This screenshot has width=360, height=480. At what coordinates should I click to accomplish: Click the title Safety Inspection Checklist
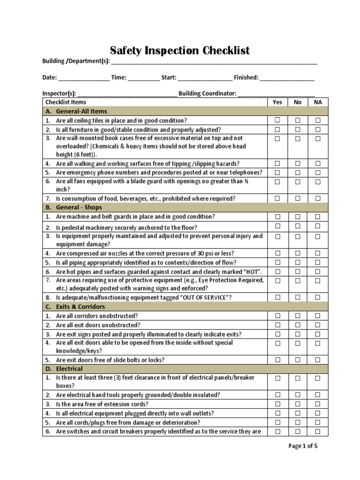tap(180, 50)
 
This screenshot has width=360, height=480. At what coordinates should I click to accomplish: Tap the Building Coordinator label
tap(207, 93)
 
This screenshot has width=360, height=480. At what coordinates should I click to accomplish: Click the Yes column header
tap(277, 102)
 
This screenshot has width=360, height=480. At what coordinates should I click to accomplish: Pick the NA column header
tap(318, 102)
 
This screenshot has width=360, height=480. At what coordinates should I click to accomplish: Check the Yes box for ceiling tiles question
tap(277, 120)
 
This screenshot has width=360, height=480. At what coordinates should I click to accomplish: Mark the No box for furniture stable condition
tap(298, 129)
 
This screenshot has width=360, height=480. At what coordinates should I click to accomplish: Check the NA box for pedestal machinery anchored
tap(318, 226)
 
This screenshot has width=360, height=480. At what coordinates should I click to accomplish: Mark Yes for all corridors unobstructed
tap(277, 316)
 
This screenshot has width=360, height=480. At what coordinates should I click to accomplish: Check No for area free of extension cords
tap(298, 404)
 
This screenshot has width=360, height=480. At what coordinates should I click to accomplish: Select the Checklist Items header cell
tap(66, 102)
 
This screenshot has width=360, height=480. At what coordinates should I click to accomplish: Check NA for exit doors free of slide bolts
tap(318, 360)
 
